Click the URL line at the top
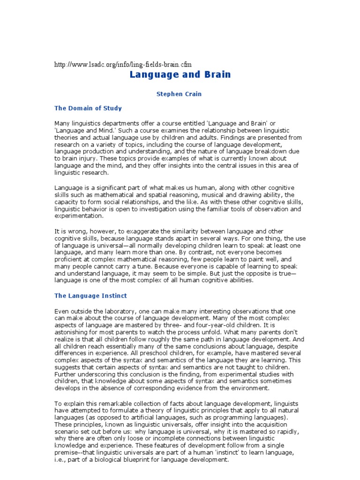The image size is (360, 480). [123, 64]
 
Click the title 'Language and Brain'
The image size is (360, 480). [180, 75]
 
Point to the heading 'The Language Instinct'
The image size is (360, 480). [90, 296]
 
